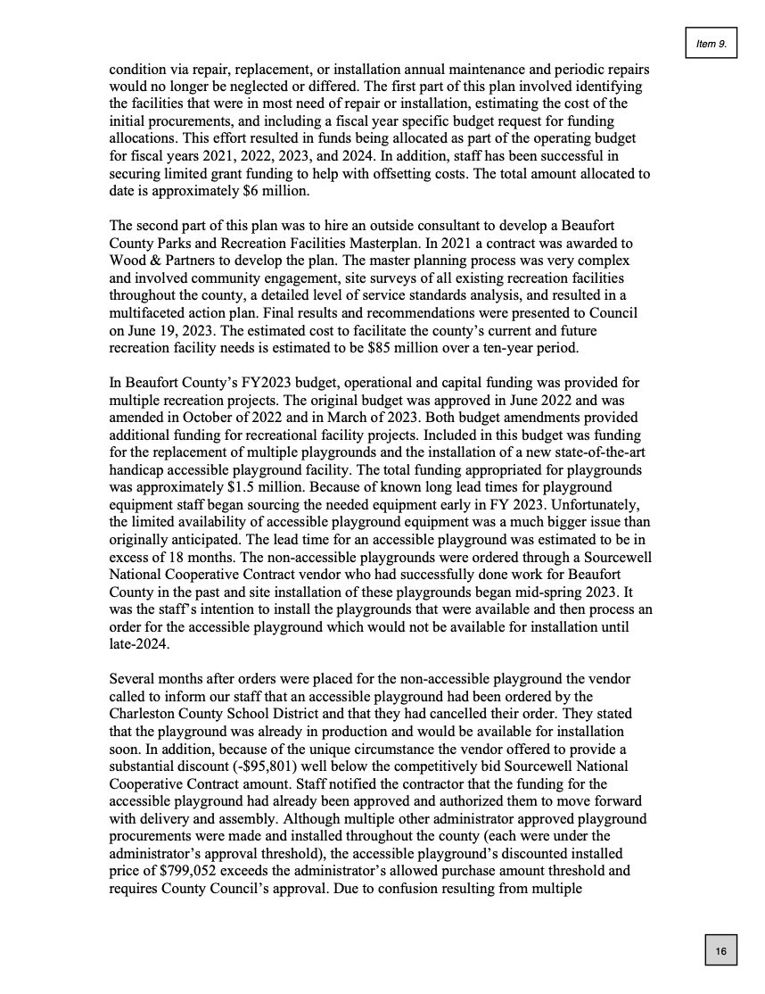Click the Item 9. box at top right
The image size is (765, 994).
click(x=711, y=44)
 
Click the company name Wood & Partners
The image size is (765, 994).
click(x=159, y=261)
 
